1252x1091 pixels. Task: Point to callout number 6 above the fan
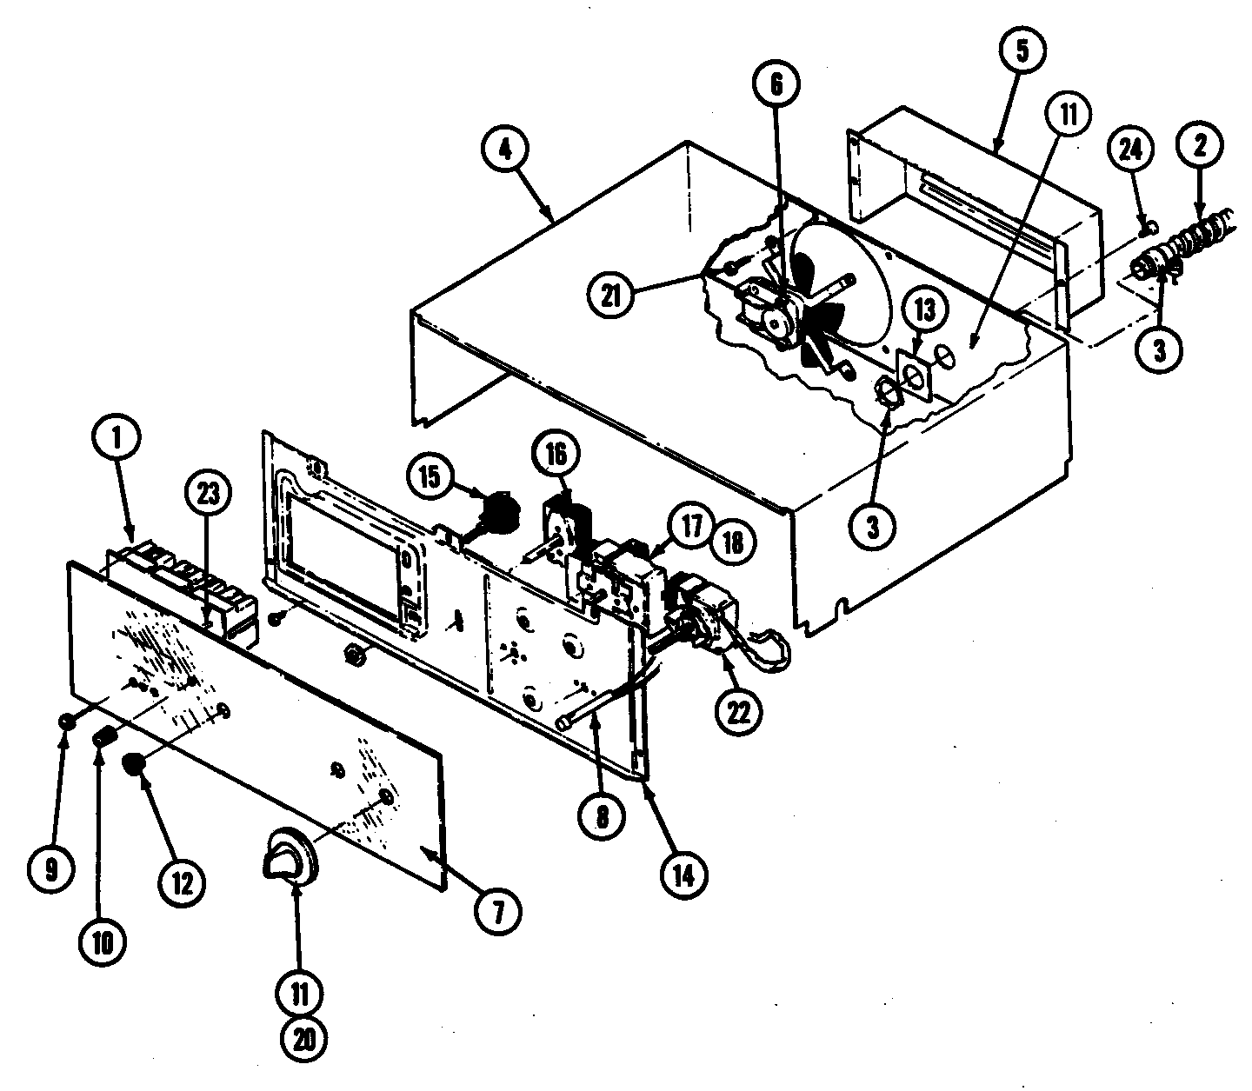[776, 84]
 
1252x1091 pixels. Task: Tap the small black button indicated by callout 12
[133, 765]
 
